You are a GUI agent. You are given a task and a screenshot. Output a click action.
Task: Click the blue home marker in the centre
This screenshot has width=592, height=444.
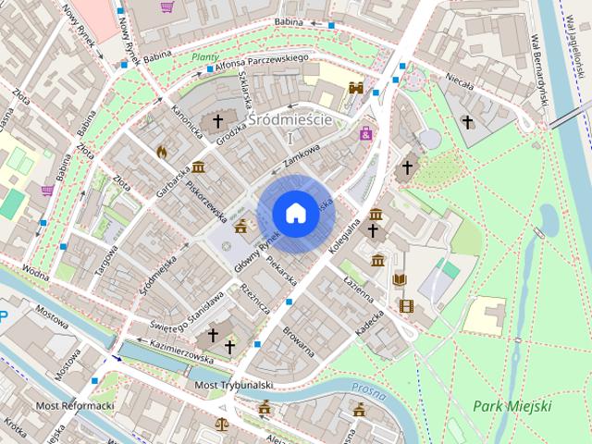(295, 213)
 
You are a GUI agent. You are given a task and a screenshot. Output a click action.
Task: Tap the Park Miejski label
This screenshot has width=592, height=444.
(512, 406)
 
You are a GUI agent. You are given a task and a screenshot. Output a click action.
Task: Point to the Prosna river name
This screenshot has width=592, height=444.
(368, 387)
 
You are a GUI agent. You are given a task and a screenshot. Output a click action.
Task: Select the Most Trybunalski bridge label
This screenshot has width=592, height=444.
(233, 385)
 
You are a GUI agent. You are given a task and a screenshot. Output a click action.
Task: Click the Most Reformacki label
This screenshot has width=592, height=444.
(74, 406)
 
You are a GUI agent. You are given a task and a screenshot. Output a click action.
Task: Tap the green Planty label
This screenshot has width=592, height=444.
(204, 56)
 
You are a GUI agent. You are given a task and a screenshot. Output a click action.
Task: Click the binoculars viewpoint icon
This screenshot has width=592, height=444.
(355, 87)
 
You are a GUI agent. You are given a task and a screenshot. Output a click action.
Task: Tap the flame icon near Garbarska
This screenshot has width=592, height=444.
(162, 150)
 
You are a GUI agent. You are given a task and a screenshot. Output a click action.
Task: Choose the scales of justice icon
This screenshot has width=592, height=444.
(222, 424)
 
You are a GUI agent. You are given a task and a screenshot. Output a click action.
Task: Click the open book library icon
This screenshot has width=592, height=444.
(400, 279)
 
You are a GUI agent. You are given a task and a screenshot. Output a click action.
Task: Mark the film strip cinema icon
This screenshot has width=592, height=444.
(406, 305)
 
